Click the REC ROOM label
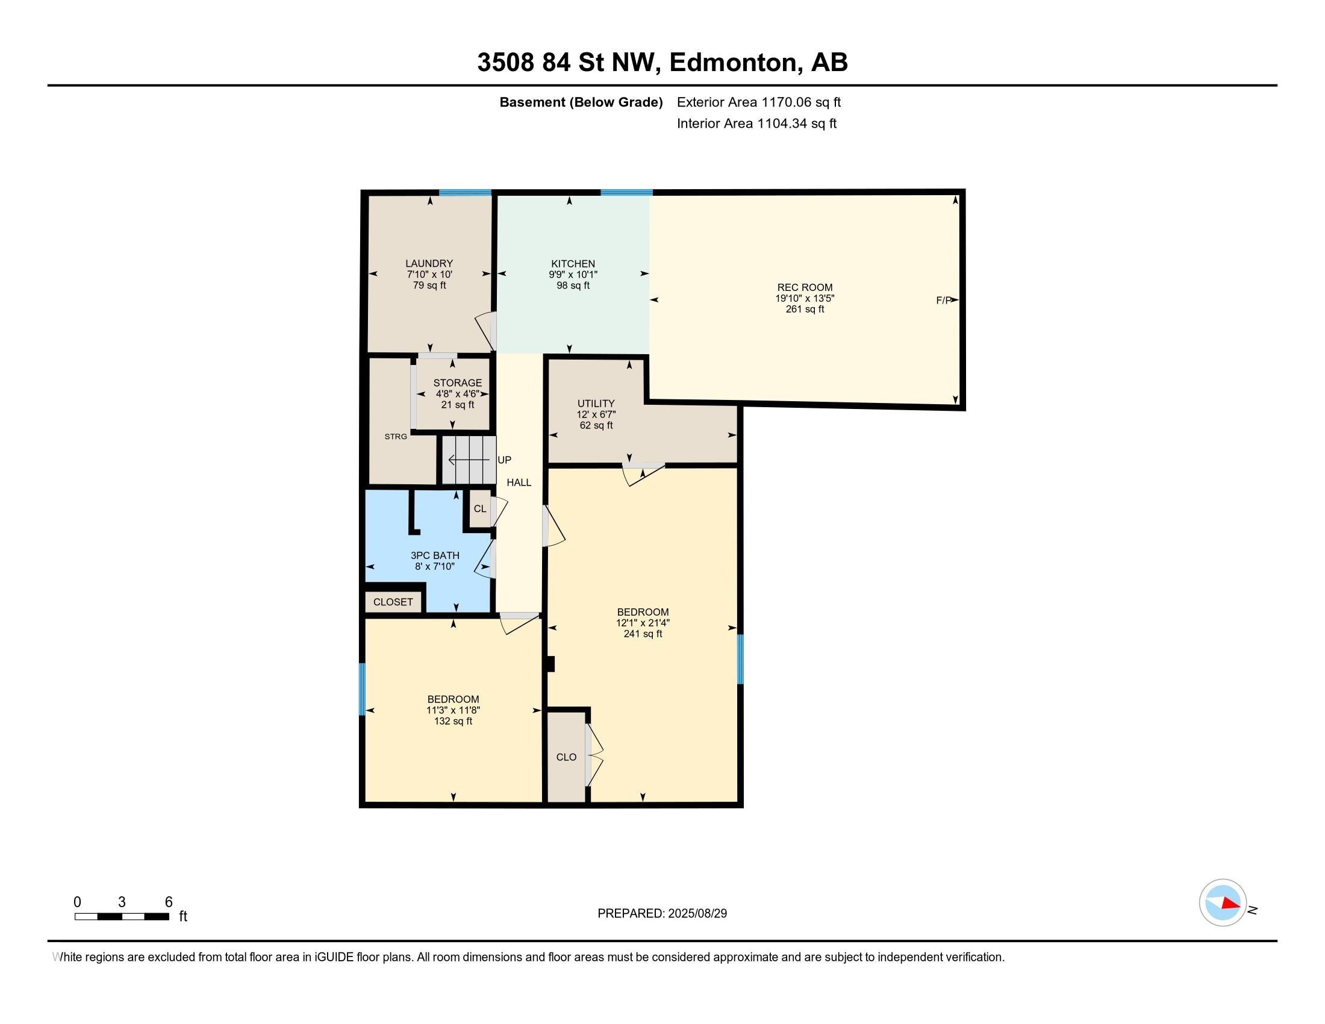click(x=805, y=287)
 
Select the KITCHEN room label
click(x=573, y=264)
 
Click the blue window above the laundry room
click(x=465, y=193)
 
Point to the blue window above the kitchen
click(x=626, y=193)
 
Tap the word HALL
click(x=519, y=483)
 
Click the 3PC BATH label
click(x=435, y=556)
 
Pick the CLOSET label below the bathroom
click(x=393, y=602)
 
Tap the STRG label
click(x=396, y=437)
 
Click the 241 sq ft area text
click(x=643, y=634)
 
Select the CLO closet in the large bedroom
click(x=566, y=757)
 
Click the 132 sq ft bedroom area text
click(x=452, y=721)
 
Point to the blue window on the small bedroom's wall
click(x=363, y=689)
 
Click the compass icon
click(x=1223, y=903)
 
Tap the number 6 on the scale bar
click(x=169, y=902)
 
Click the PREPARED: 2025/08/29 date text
click(x=662, y=914)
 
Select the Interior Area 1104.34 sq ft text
click(x=756, y=123)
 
